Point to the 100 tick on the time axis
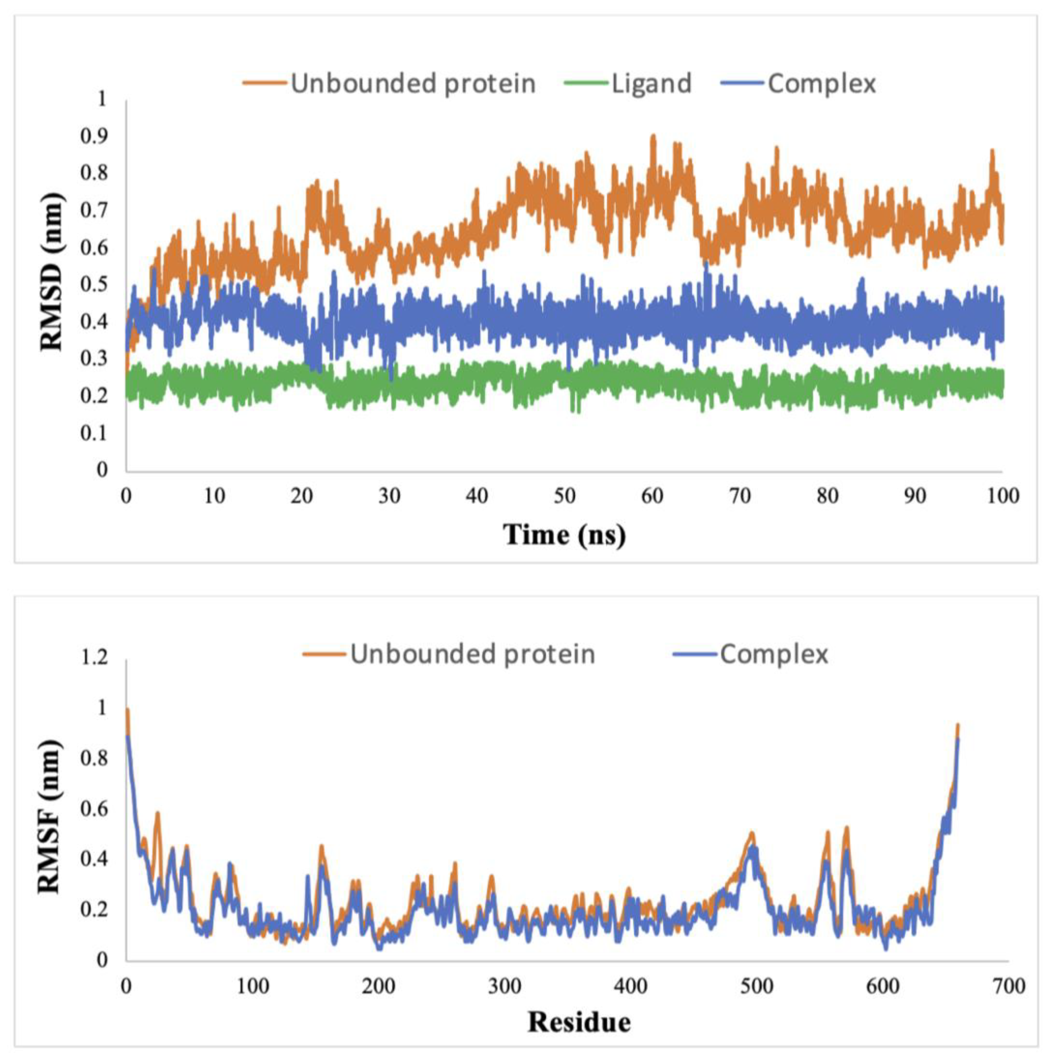[1001, 496]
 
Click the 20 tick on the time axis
[301, 496]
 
